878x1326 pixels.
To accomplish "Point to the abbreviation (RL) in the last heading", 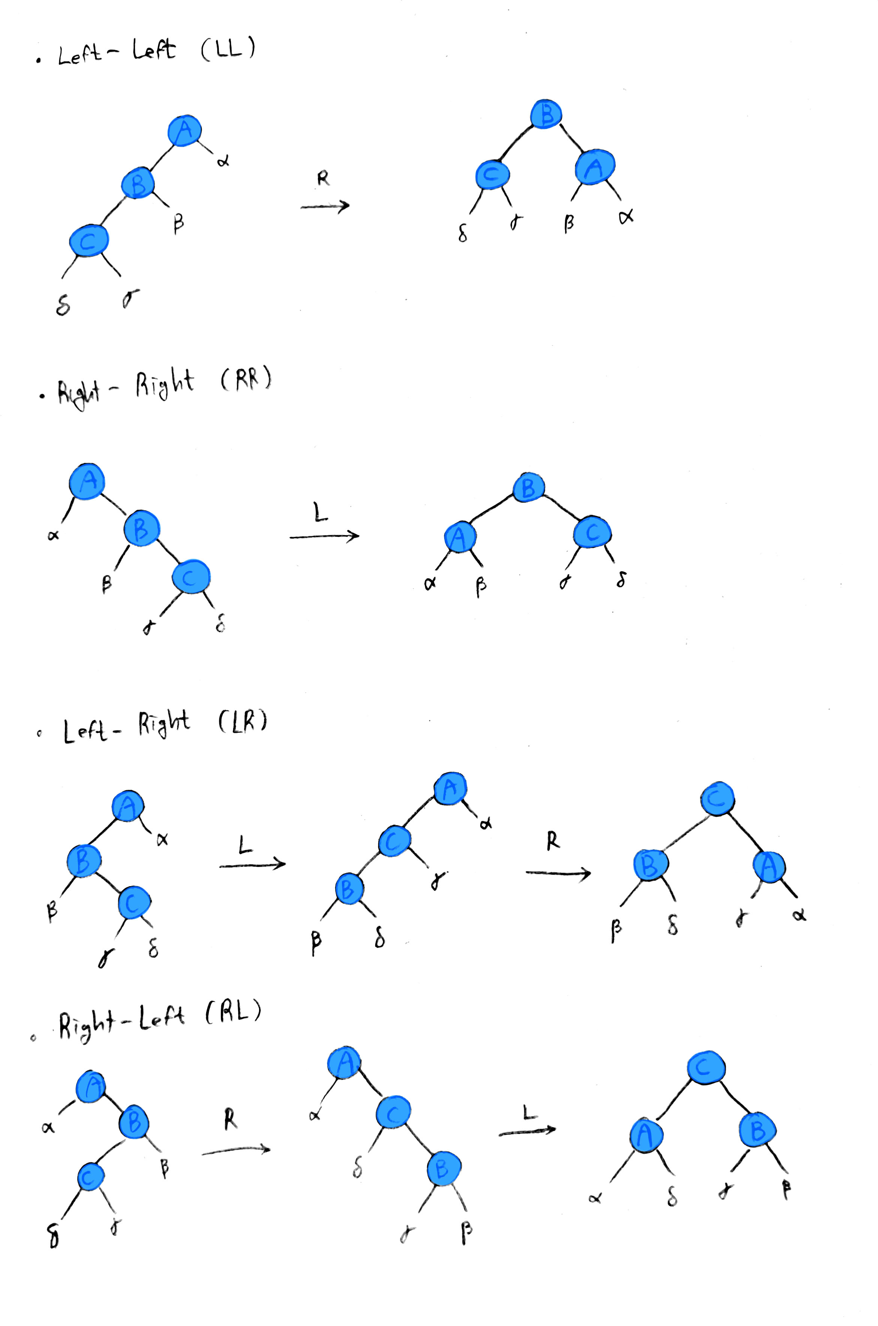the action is [233, 1012].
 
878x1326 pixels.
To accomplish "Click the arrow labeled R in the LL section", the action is [325, 206].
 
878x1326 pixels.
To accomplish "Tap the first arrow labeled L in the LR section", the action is [252, 865].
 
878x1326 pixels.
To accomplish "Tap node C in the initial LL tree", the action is [88, 241].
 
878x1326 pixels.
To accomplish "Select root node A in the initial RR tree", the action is [87, 480].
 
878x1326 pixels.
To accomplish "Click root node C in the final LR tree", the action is [717, 799].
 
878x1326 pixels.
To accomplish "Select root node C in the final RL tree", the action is [706, 1068].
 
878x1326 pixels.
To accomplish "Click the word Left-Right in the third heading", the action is [126, 726].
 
